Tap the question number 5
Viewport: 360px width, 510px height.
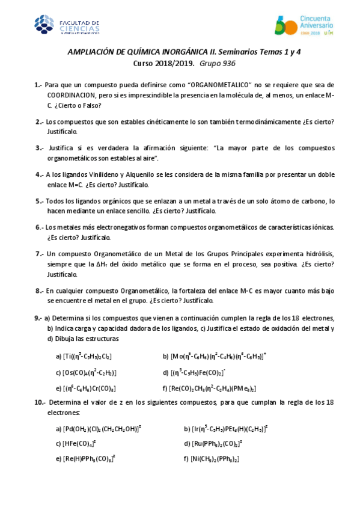[38, 201]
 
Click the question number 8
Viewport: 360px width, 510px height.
[38, 290]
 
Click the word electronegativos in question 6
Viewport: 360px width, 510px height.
[114, 228]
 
